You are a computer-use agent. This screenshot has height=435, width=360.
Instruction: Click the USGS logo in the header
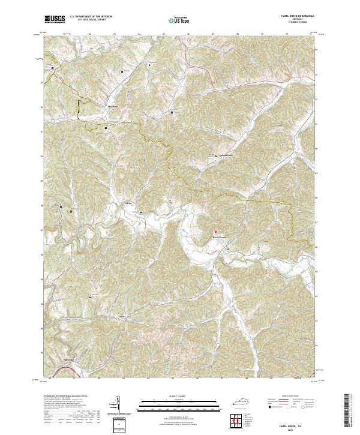coord(55,20)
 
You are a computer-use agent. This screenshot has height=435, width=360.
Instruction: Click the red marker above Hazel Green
coord(215,232)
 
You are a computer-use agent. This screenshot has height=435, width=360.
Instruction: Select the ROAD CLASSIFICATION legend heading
coord(289,397)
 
